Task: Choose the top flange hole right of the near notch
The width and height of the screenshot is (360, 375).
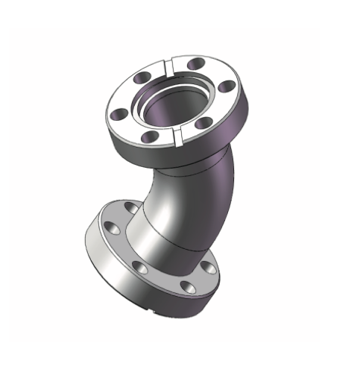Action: (x=203, y=123)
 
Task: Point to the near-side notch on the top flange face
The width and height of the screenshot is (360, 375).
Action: (x=178, y=136)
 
